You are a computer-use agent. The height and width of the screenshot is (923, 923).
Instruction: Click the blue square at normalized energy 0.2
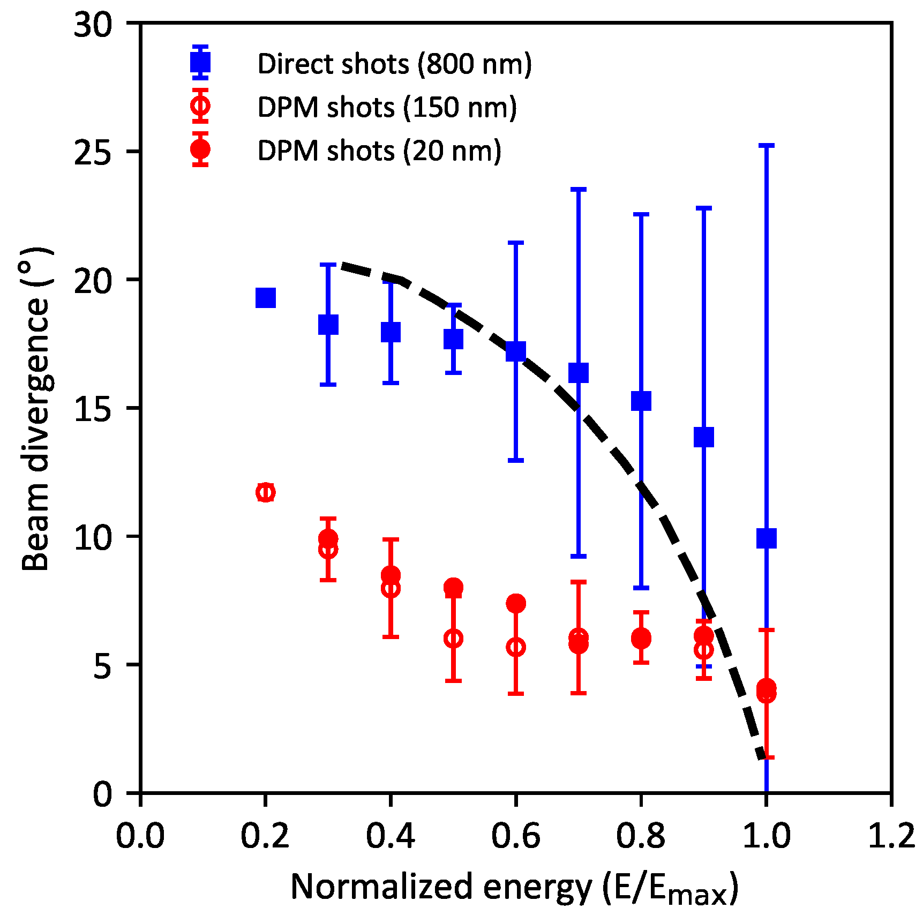[x=265, y=297]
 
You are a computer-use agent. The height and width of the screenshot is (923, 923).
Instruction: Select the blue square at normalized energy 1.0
[x=766, y=538]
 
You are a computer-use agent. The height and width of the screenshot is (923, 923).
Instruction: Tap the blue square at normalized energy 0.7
[x=578, y=372]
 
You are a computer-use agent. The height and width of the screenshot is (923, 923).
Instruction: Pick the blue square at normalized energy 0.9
[x=703, y=437]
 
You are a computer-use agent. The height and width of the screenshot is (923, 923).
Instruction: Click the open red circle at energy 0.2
[x=265, y=492]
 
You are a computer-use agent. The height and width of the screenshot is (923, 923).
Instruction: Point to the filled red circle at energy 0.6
[x=515, y=603]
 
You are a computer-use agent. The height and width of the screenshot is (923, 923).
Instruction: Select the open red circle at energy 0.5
[x=453, y=638]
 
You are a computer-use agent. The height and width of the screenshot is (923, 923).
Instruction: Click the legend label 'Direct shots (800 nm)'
[x=394, y=64]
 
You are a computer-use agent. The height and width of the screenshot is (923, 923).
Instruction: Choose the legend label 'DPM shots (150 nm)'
[x=387, y=107]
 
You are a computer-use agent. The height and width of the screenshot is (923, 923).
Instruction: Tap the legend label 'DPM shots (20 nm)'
[x=379, y=151]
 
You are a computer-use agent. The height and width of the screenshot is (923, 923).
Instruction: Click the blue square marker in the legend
[x=200, y=63]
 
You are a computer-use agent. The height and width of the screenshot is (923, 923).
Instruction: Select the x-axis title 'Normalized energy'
[x=514, y=887]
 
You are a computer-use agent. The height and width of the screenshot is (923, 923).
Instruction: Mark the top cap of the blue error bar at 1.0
[x=766, y=145]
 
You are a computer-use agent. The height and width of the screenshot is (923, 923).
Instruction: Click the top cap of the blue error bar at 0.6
[x=515, y=243]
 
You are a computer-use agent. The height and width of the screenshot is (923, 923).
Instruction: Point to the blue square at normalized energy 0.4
[x=391, y=332]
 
